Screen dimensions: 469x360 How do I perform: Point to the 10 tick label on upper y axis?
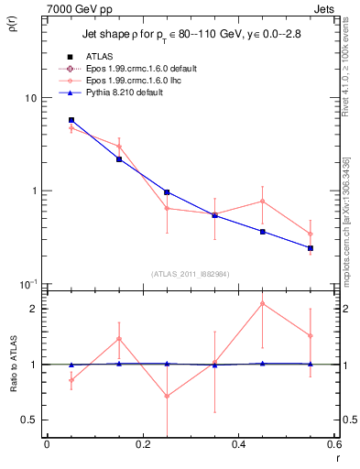[30, 98]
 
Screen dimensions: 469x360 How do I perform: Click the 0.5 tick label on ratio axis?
[29, 420]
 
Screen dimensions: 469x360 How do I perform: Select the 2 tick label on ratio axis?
[35, 309]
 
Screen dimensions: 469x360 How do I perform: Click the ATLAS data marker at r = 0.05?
[71, 120]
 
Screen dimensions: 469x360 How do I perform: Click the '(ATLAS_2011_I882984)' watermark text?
[191, 273]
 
